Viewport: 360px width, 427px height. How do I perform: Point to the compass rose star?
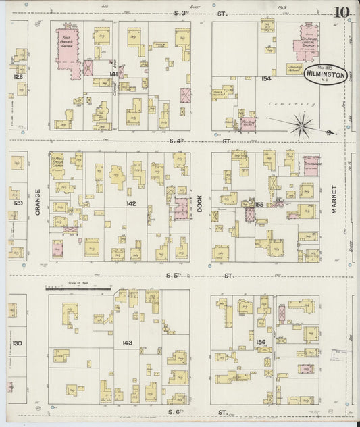[x=301, y=125]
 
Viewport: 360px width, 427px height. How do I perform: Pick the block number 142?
[x=130, y=203]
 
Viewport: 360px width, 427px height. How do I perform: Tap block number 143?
[x=126, y=343]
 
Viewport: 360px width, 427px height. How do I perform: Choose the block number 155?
[x=259, y=203]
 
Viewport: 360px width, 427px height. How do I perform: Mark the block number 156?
[x=260, y=343]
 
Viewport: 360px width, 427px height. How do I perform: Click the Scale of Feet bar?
[x=78, y=288]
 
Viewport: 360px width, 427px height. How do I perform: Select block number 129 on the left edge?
[x=18, y=203]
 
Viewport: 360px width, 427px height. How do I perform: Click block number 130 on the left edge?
[x=18, y=343]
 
